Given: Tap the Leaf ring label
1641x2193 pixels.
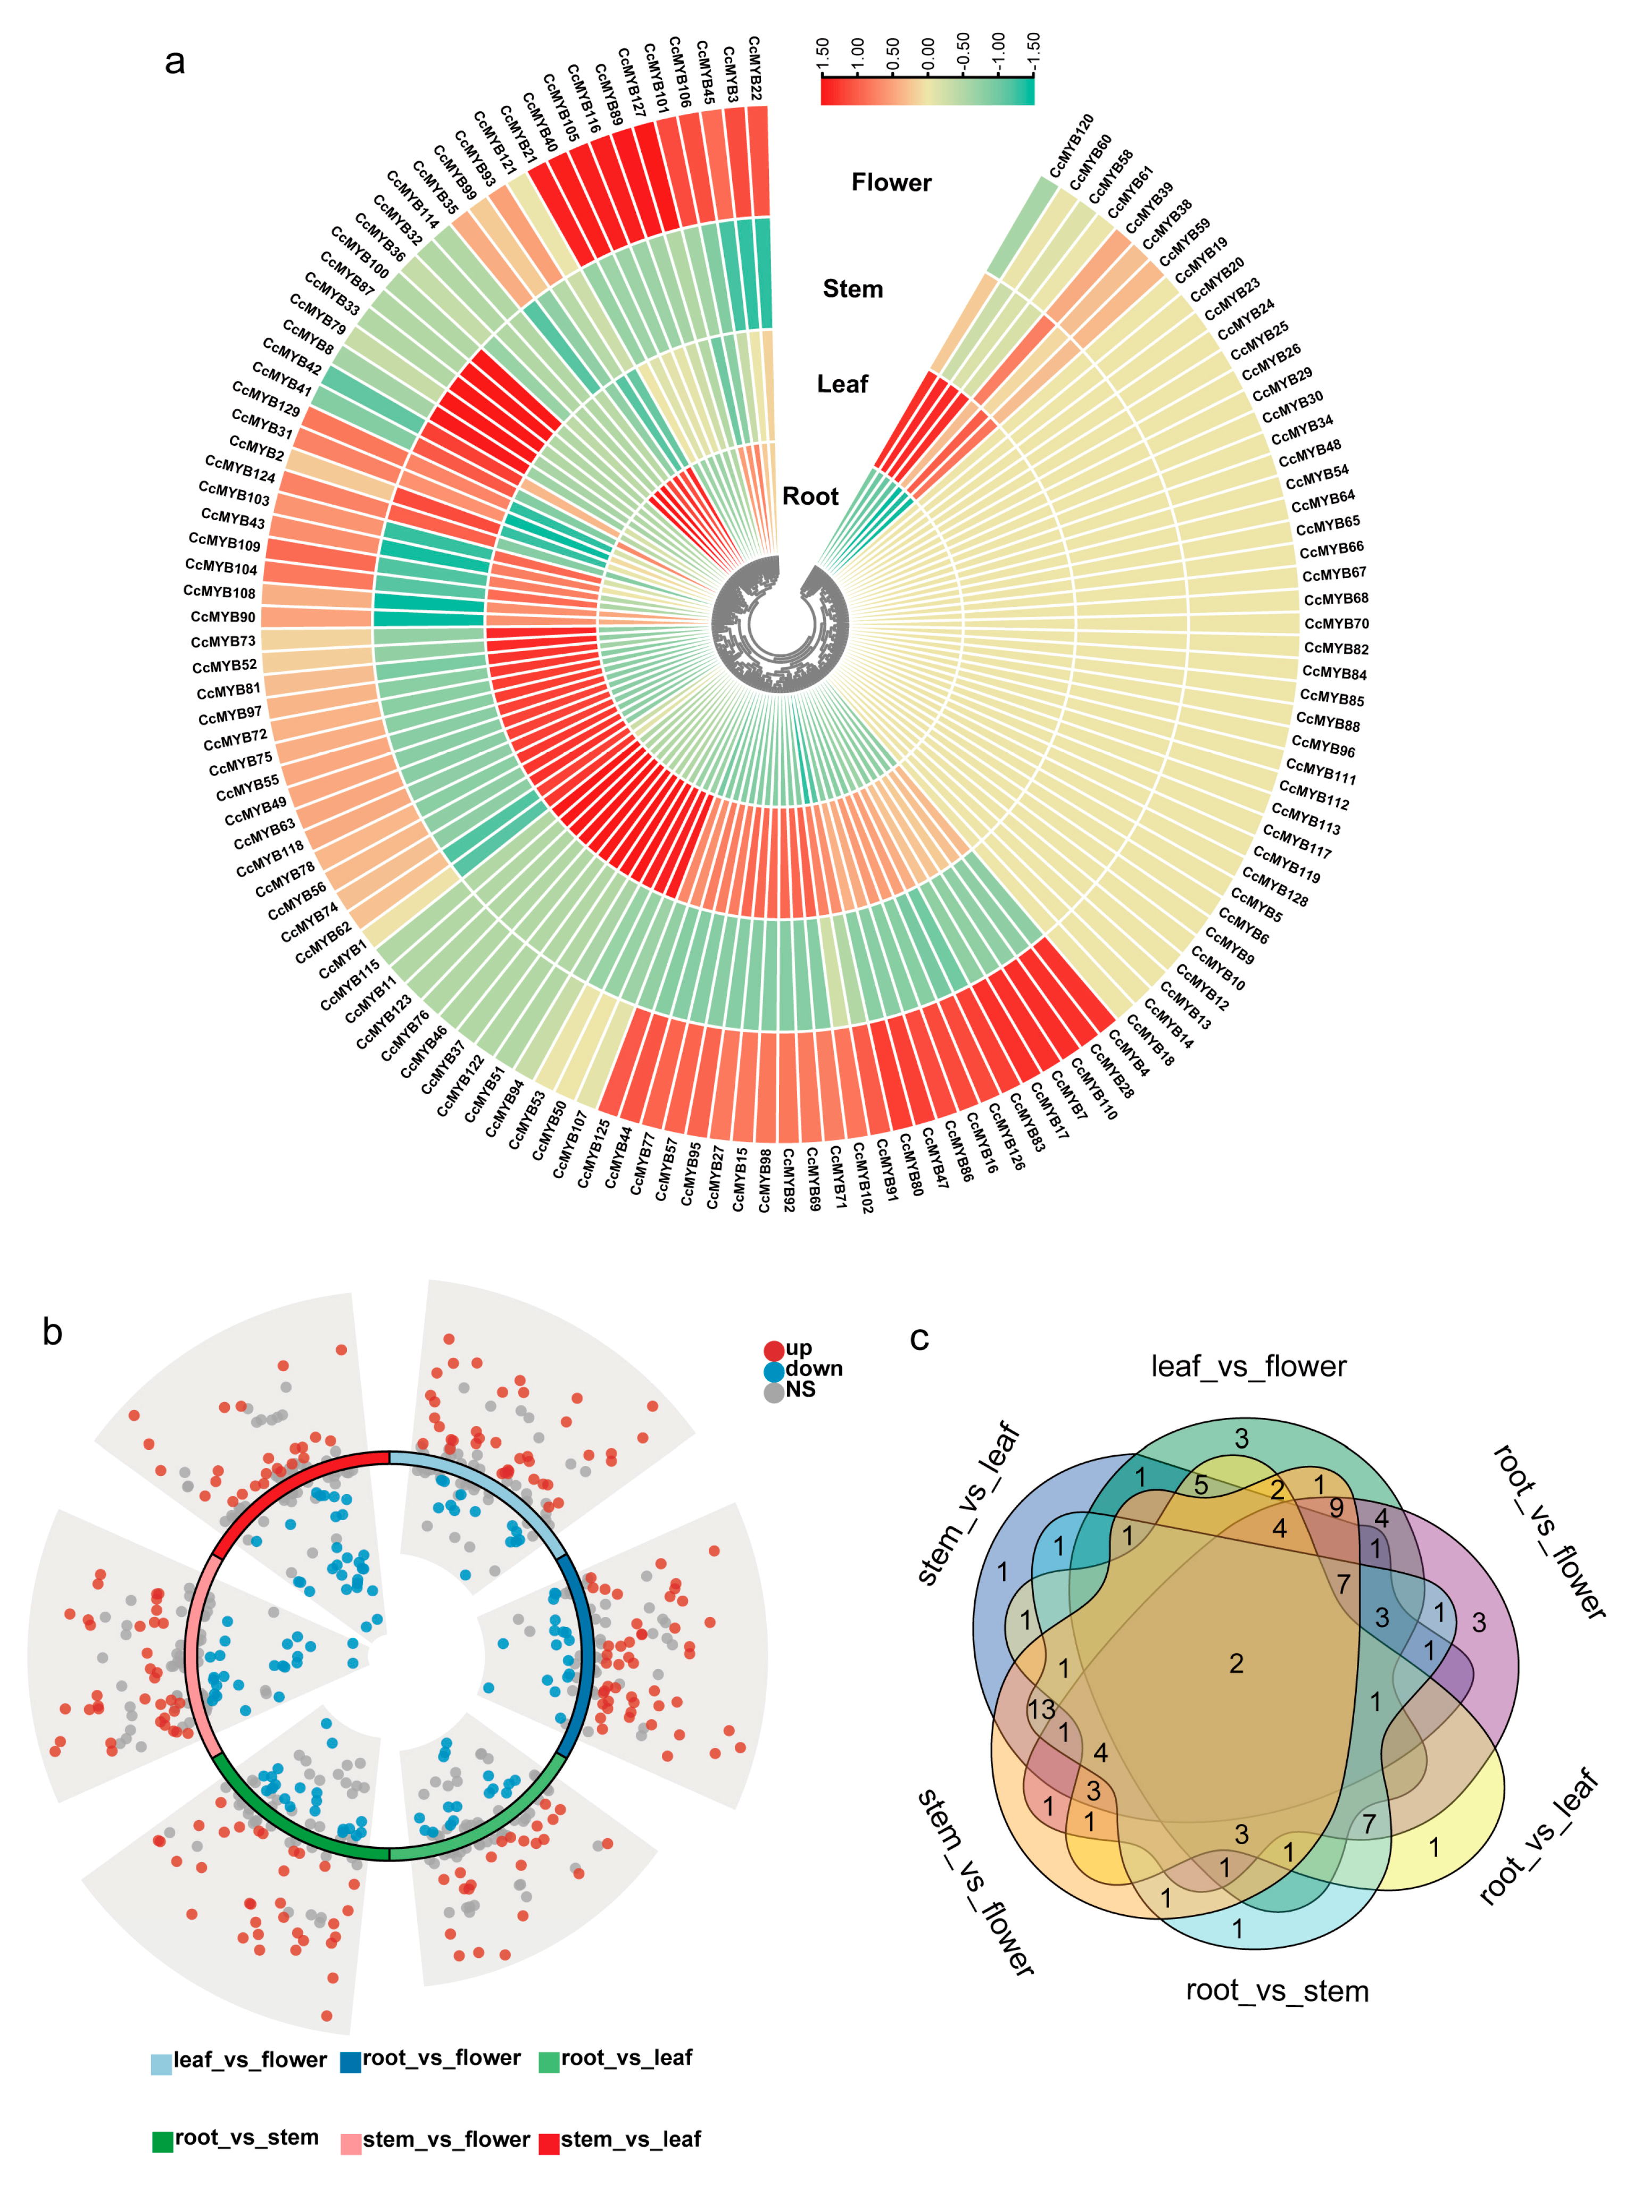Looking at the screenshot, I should (x=842, y=383).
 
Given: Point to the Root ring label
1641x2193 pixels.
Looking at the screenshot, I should (x=810, y=496).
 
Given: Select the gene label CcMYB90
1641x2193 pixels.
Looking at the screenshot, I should (x=223, y=616).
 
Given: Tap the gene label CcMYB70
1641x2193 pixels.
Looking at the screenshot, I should (x=1336, y=623).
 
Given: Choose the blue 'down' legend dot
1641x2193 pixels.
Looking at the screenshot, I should (x=773, y=1371).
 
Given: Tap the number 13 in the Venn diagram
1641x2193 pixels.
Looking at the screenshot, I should (x=1041, y=1710).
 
